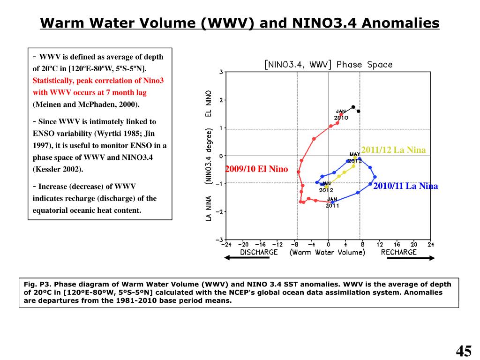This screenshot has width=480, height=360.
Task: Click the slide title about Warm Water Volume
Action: point(240,23)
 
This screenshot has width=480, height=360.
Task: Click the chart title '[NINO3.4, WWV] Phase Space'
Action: point(328,65)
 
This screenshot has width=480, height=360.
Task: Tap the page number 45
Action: point(463,351)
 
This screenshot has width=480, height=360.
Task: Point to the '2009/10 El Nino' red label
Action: point(256,169)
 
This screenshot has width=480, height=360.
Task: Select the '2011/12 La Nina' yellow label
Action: point(393,150)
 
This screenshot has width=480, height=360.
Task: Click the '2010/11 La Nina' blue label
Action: point(405,186)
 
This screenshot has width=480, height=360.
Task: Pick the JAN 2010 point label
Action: point(341,115)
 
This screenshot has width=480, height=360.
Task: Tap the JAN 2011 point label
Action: point(332,202)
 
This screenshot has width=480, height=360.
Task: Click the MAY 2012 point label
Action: point(355,157)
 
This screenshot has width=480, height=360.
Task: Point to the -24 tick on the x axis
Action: point(227,244)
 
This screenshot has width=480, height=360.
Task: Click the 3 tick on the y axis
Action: point(221,72)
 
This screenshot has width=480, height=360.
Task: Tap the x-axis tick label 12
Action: point(380,244)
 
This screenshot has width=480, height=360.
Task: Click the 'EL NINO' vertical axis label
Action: point(209,104)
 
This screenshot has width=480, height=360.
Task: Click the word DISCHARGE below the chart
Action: point(259,252)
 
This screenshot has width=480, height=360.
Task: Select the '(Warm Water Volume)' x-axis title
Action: point(327,252)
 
